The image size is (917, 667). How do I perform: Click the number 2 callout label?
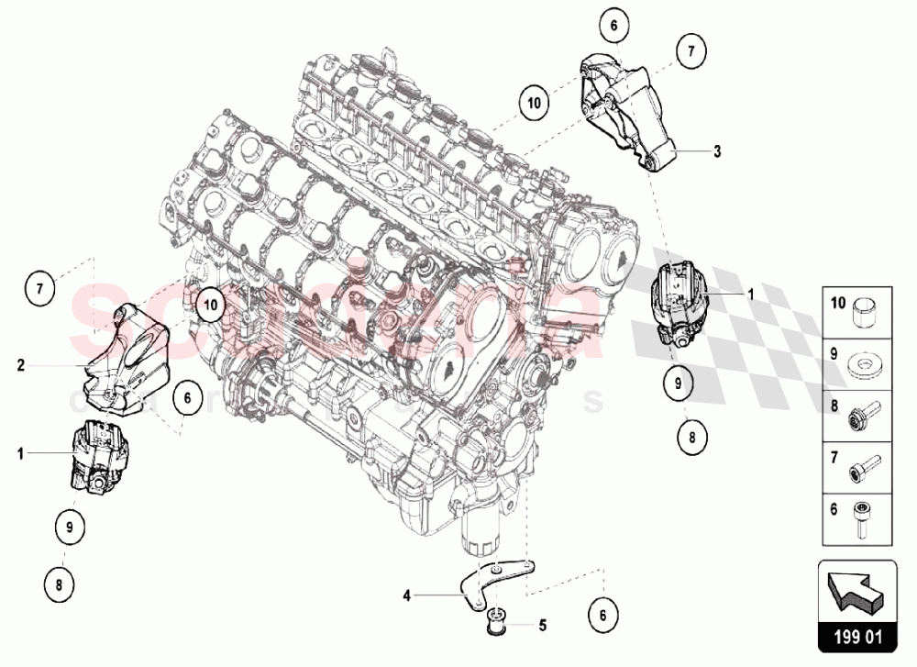(19, 364)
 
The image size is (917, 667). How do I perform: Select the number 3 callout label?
(717, 150)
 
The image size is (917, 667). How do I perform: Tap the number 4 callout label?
(405, 595)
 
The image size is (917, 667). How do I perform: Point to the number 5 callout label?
(542, 627)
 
